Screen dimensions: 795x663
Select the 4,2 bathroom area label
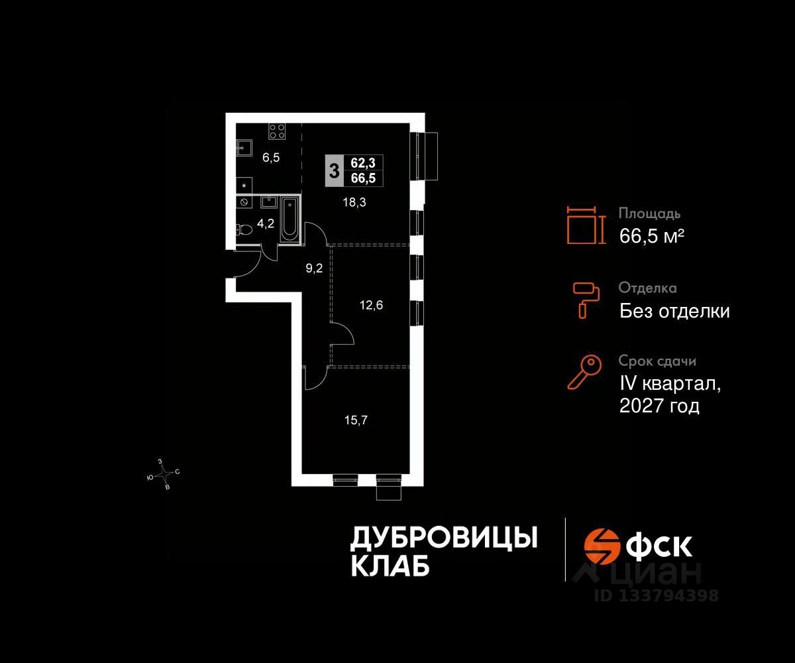[266, 224]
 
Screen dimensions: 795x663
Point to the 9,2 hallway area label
[313, 269]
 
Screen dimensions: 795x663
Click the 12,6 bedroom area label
[372, 306]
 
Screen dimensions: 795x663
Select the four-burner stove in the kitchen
[277, 131]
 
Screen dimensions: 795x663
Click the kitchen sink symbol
[243, 147]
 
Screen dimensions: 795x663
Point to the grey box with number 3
[334, 170]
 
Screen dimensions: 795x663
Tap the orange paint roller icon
[586, 298]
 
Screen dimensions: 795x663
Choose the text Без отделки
[674, 310]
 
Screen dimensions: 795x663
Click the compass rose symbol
[164, 473]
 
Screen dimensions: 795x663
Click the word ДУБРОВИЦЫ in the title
[443, 538]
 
